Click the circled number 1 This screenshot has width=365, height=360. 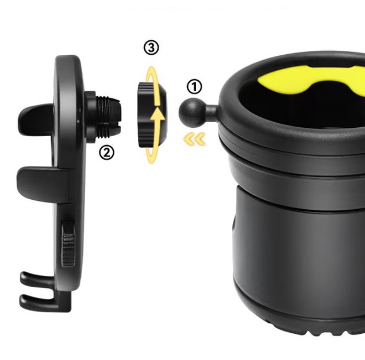[x=194, y=87]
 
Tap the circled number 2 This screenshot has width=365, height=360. [x=106, y=152]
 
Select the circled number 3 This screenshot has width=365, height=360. [x=151, y=48]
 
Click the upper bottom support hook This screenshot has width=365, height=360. [x=42, y=280]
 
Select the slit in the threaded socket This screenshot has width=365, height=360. [x=110, y=125]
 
